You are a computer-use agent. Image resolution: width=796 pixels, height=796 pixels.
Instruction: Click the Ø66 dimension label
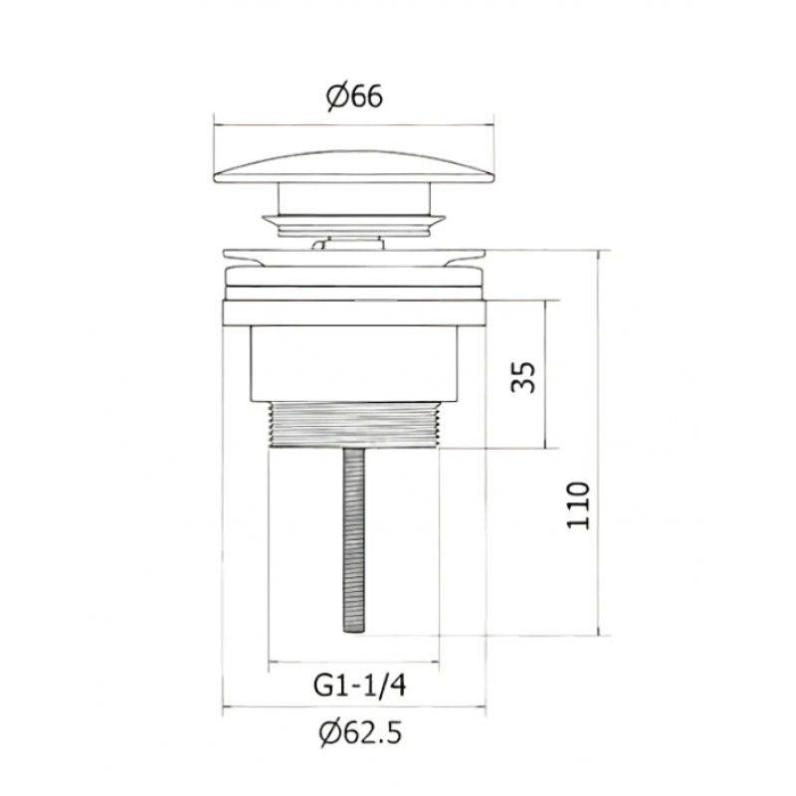pos(354,97)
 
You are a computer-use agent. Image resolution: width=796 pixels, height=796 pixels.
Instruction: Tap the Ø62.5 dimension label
pos(360,732)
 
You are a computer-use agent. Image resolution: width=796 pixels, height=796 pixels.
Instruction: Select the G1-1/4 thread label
pos(360,686)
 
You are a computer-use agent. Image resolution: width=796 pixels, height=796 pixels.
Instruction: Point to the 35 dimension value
pos(523,377)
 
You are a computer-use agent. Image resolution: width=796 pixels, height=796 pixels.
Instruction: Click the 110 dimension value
pos(578,505)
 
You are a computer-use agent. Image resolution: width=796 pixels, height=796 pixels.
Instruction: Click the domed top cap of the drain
pos(354,166)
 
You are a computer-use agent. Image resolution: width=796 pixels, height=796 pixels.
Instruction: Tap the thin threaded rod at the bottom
pos(354,540)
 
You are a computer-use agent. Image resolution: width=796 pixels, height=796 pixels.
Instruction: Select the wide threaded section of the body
pos(354,425)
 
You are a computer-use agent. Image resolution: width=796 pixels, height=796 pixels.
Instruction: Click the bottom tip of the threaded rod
pos(354,632)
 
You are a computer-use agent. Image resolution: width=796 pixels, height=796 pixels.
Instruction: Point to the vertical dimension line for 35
pos(545,375)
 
